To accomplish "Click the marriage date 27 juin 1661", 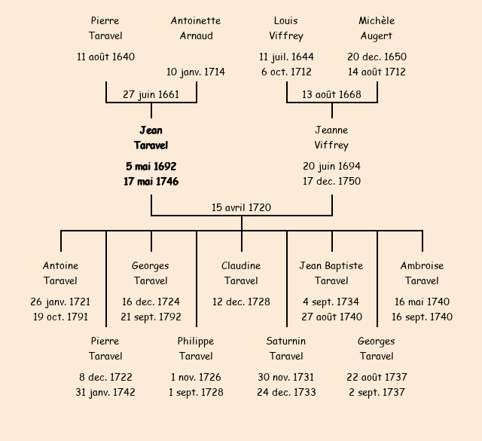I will coord(151,94).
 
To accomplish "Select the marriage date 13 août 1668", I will coord(331,94).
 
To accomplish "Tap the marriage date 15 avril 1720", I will coord(241,207).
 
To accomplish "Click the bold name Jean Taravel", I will coord(151,138).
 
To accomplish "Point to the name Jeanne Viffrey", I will coord(331,138).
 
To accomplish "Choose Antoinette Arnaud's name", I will coord(196,29).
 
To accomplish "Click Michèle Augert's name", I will coord(377,29).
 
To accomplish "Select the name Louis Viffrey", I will coord(286,29).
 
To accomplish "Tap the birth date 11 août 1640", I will coord(105,57).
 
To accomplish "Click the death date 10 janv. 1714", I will coord(196,72).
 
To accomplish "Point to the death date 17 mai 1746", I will coord(151,181).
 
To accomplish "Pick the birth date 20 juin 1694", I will coord(331,166).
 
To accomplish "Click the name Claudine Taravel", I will coord(241,273).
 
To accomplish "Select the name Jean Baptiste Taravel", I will coord(331,273).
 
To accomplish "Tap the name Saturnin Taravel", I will coord(286,348).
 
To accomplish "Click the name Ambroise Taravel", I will coord(422,273).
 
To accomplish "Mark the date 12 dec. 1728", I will coord(241,302).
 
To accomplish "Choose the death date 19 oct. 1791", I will coord(60,317).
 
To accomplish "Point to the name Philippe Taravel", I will coord(196,348).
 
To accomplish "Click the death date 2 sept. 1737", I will coord(377,392).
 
